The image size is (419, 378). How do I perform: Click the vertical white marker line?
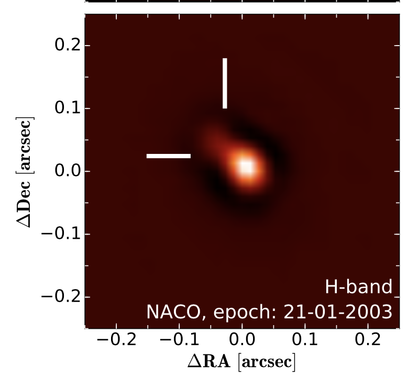click(225, 83)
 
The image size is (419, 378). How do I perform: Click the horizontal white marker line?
click(168, 155)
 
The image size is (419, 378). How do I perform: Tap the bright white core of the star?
click(246, 168)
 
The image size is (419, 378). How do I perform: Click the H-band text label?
click(359, 287)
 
